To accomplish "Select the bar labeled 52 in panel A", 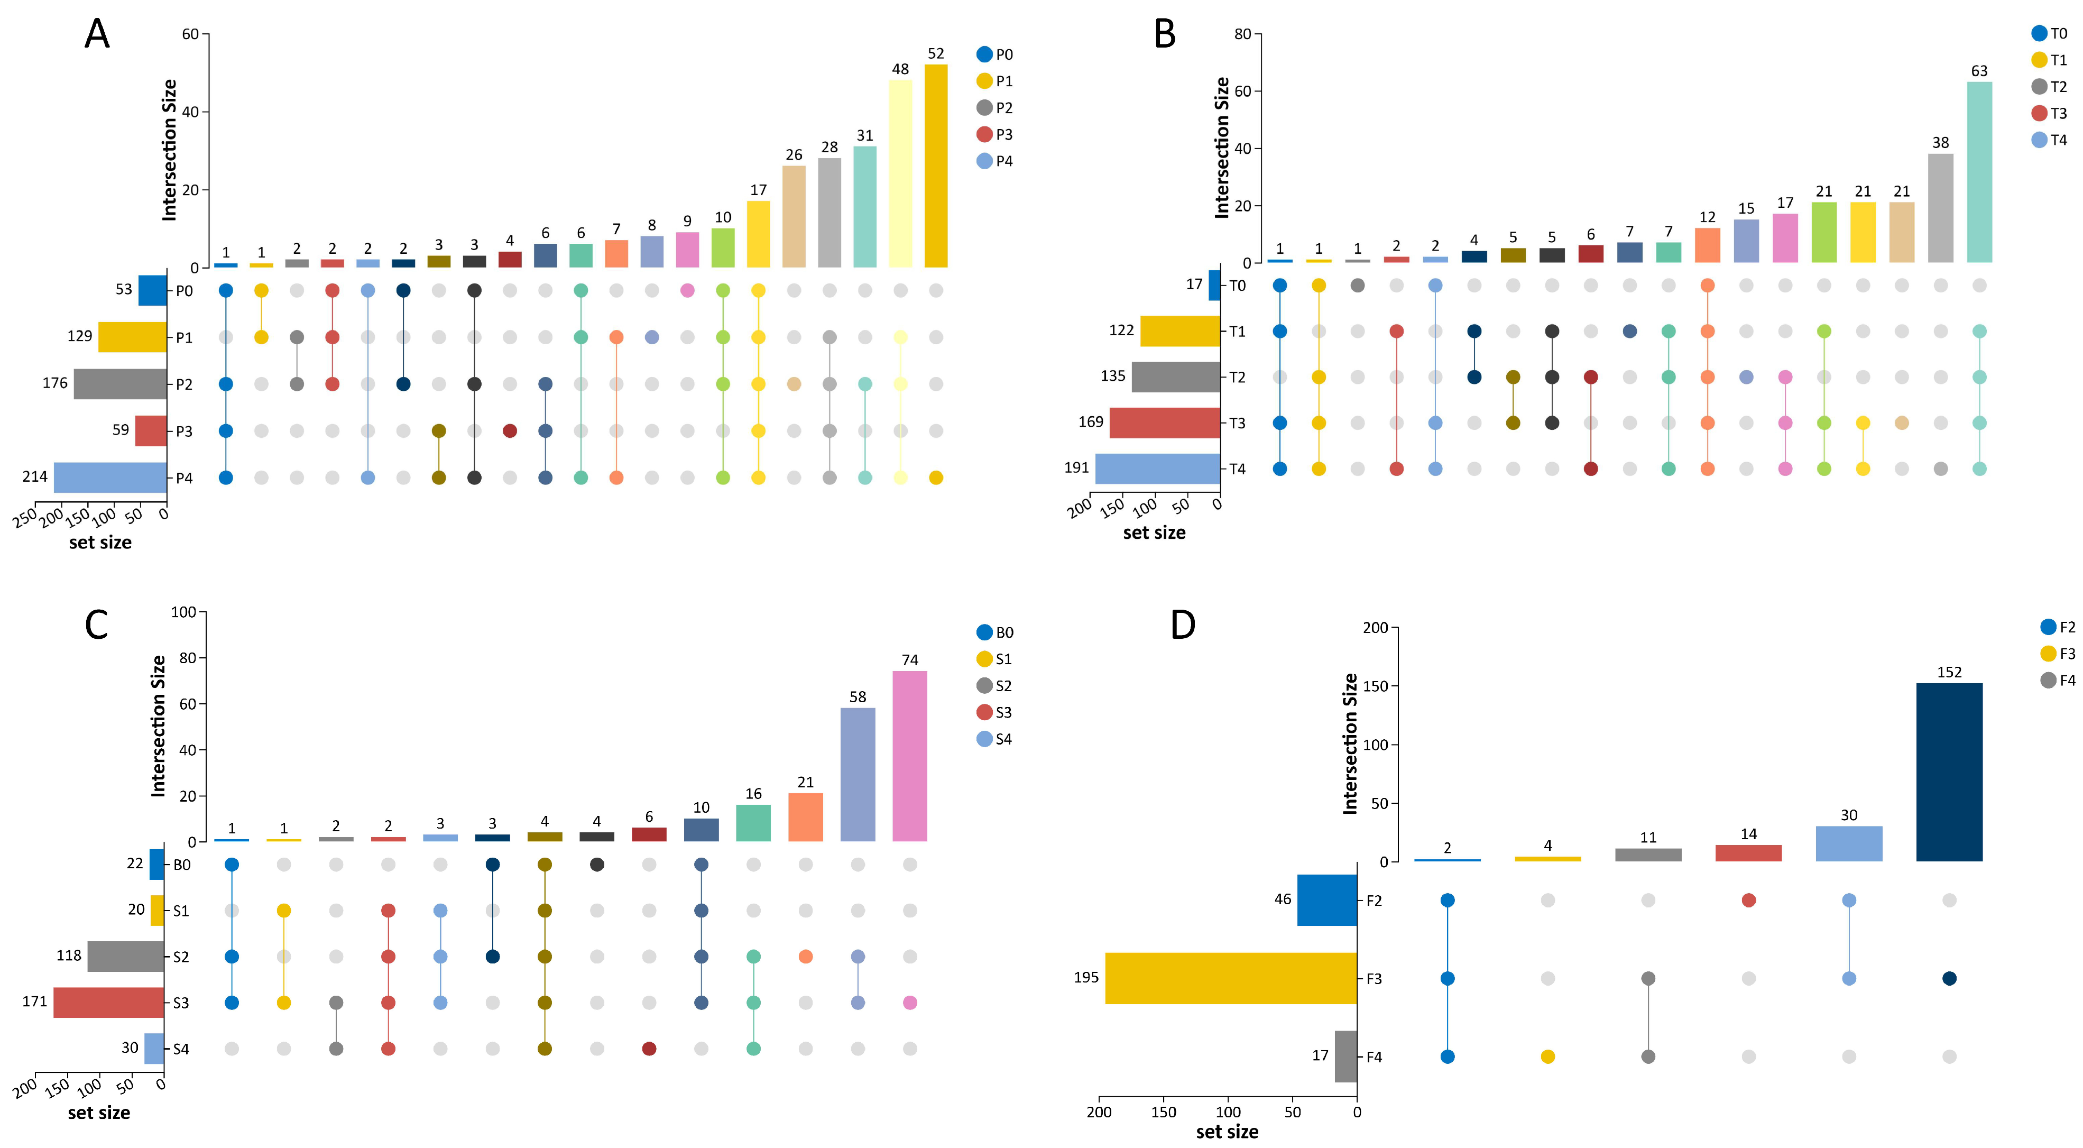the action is pos(936,166).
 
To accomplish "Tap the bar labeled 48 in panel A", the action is pos(900,173).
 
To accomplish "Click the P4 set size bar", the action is pos(110,477).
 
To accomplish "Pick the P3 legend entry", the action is pos(994,134).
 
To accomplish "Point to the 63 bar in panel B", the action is pos(1979,171).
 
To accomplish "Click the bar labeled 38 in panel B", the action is pos(1940,208).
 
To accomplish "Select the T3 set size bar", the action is pos(1164,423).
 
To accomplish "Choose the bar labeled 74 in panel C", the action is pos(910,756).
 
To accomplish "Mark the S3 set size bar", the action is pos(108,1003).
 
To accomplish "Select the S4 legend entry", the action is pos(994,739).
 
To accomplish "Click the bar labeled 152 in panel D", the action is pos(1949,772).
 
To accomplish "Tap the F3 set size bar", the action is pos(1231,978).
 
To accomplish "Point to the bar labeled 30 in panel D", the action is pos(1848,843).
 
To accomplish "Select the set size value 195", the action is pos(1086,977).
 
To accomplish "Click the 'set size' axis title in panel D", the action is pos(1227,1132).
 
